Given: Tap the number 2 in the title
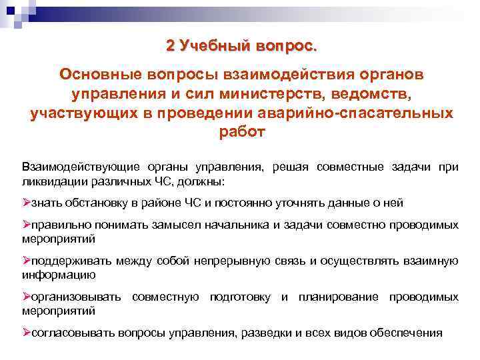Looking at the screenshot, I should [171, 46].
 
